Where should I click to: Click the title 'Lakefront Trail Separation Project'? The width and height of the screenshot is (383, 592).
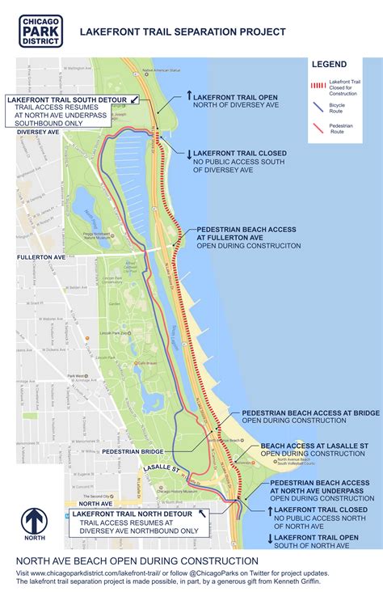(182, 32)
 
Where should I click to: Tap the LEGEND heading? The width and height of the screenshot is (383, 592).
(330, 64)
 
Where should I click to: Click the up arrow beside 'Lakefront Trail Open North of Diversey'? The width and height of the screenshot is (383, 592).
(188, 95)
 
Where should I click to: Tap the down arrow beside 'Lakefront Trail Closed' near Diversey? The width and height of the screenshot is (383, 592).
(188, 154)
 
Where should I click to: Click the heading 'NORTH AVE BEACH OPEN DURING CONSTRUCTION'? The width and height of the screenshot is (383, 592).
(137, 560)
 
